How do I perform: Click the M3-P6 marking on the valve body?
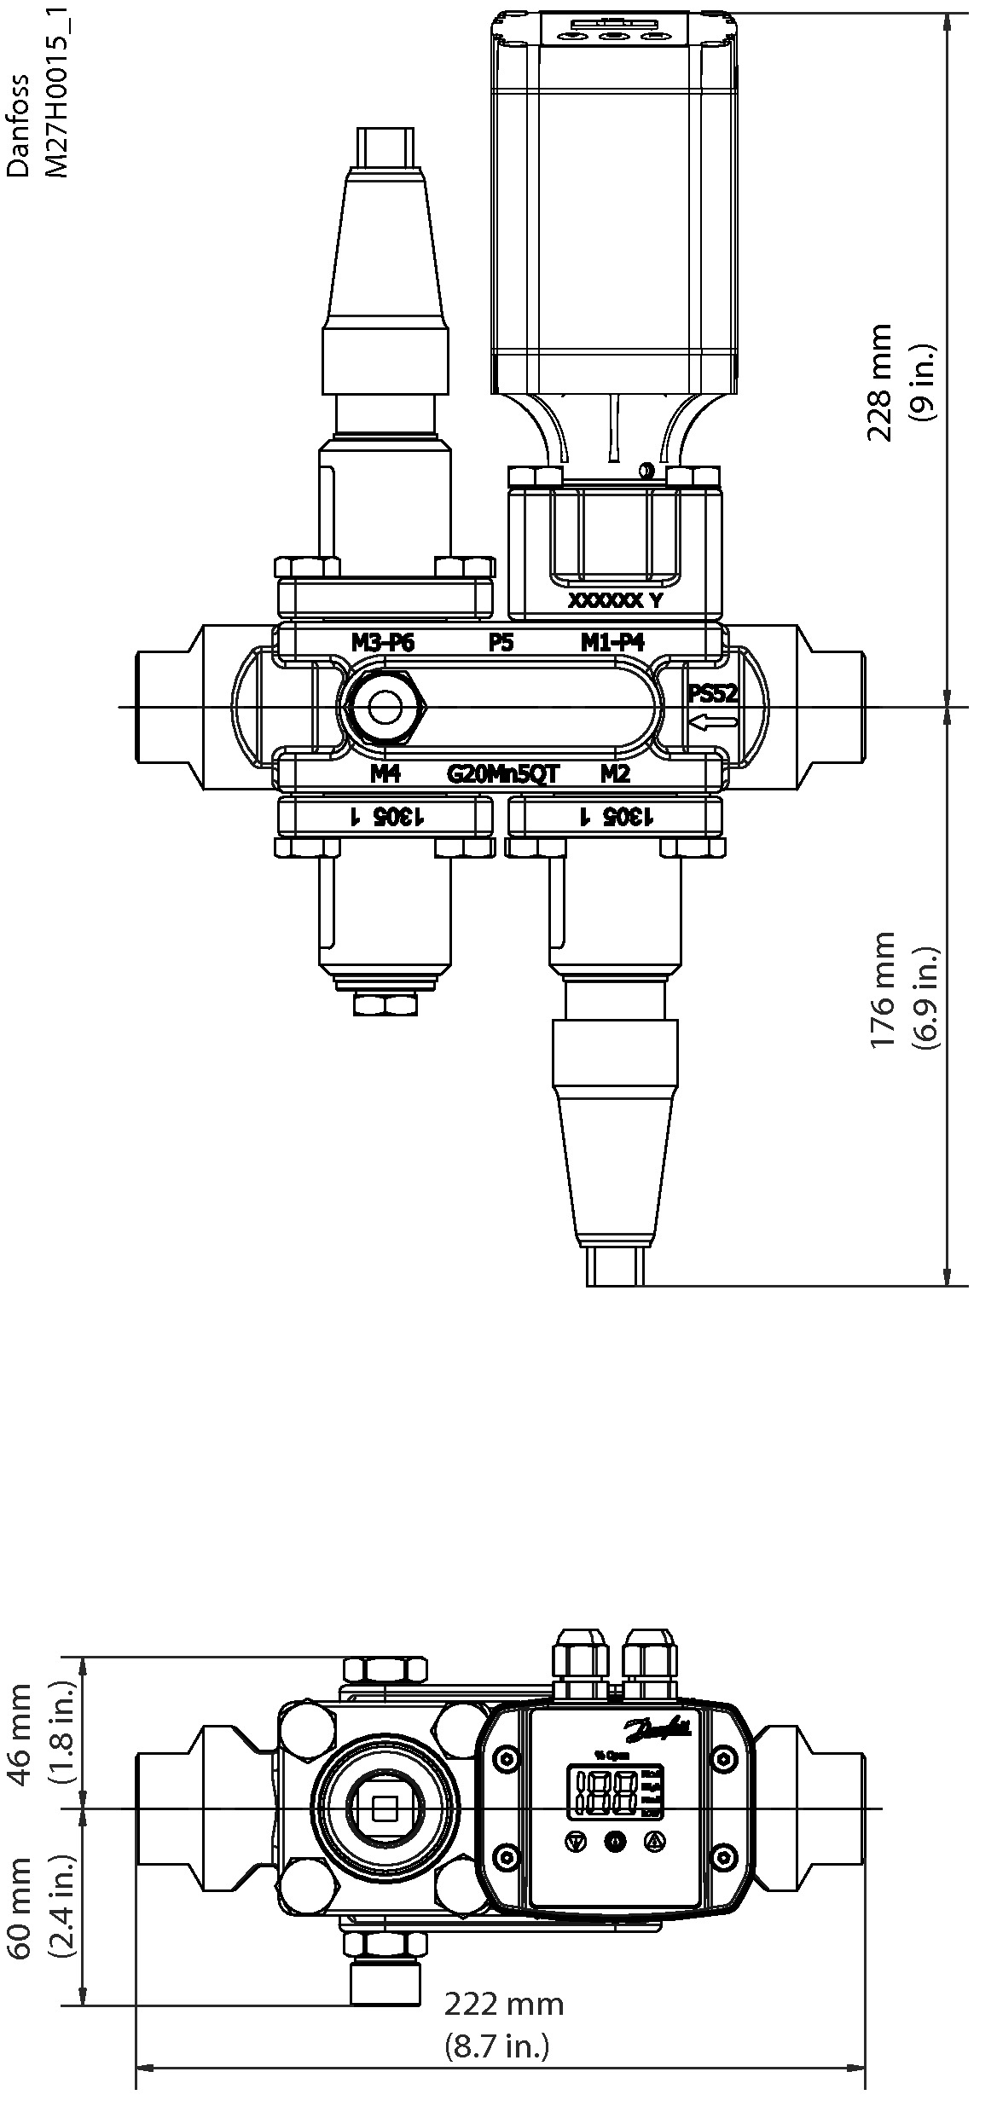click(x=383, y=642)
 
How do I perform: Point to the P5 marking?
click(x=501, y=642)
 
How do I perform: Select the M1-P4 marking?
click(x=612, y=642)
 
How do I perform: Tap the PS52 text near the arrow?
click(x=712, y=693)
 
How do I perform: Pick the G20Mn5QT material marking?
click(x=503, y=773)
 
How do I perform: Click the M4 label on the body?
click(x=385, y=773)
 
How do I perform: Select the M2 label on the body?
click(x=615, y=773)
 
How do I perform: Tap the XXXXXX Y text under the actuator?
click(x=615, y=600)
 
